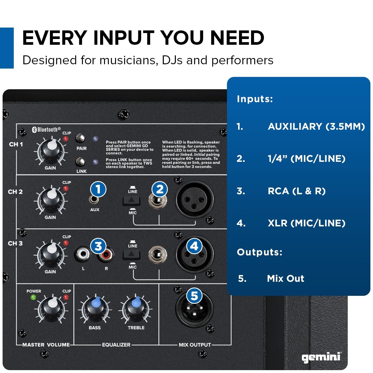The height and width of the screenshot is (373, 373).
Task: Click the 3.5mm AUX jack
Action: click(x=94, y=199)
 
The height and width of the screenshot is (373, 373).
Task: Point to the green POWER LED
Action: click(x=33, y=297)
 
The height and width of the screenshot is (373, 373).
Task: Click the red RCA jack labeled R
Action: click(x=106, y=255)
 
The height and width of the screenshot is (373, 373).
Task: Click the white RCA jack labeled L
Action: click(x=83, y=254)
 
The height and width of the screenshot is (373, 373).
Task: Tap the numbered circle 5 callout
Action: click(x=194, y=296)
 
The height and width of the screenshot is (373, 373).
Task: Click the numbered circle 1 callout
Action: click(x=98, y=189)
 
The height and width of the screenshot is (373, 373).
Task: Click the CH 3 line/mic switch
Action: click(x=131, y=254)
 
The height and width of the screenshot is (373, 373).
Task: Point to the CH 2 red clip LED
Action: click(x=66, y=188)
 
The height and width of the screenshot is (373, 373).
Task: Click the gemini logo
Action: click(x=321, y=356)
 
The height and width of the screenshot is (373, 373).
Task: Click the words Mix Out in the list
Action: click(x=285, y=278)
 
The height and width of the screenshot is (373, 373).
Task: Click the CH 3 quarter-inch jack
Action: click(x=158, y=255)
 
